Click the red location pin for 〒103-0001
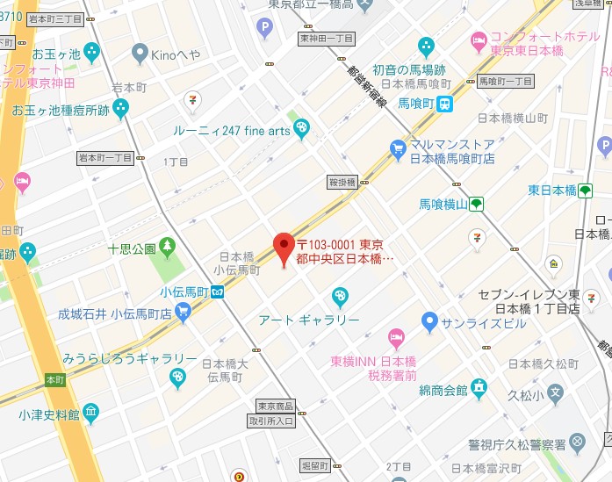[x=283, y=247]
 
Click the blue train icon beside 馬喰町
[x=446, y=104]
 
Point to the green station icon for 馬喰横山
[x=475, y=204]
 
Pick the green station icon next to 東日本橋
[x=586, y=191]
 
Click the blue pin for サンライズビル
[x=428, y=320]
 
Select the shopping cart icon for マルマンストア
[x=398, y=147]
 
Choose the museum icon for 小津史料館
[x=90, y=413]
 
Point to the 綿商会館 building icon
[x=479, y=385]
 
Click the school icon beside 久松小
[x=554, y=393]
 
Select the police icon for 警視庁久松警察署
[x=577, y=442]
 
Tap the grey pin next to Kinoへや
[x=139, y=54]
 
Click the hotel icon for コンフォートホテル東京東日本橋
[x=479, y=40]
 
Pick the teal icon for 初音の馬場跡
[x=426, y=46]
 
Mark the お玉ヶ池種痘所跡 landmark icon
[x=120, y=108]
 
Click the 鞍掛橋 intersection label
[x=342, y=183]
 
